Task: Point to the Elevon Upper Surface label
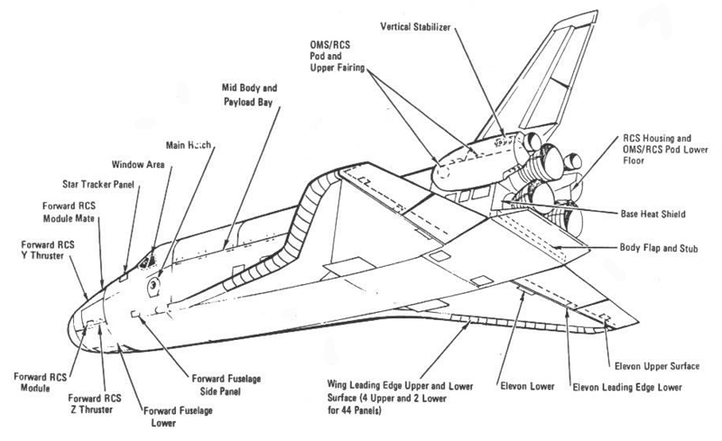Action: coord(662,366)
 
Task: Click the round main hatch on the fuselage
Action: coord(154,285)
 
